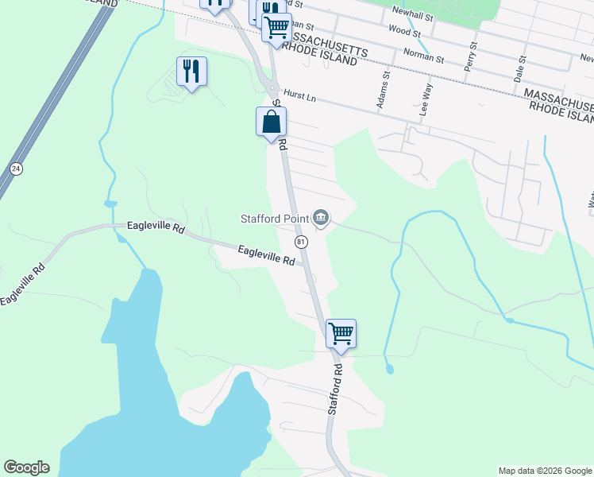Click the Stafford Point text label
[275, 218]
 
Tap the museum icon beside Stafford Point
[321, 217]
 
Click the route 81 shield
[300, 241]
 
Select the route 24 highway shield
[16, 169]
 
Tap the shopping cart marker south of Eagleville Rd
[341, 333]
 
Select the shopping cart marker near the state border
[276, 27]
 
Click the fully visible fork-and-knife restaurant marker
[191, 71]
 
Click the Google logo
[26, 467]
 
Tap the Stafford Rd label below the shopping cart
[336, 390]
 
